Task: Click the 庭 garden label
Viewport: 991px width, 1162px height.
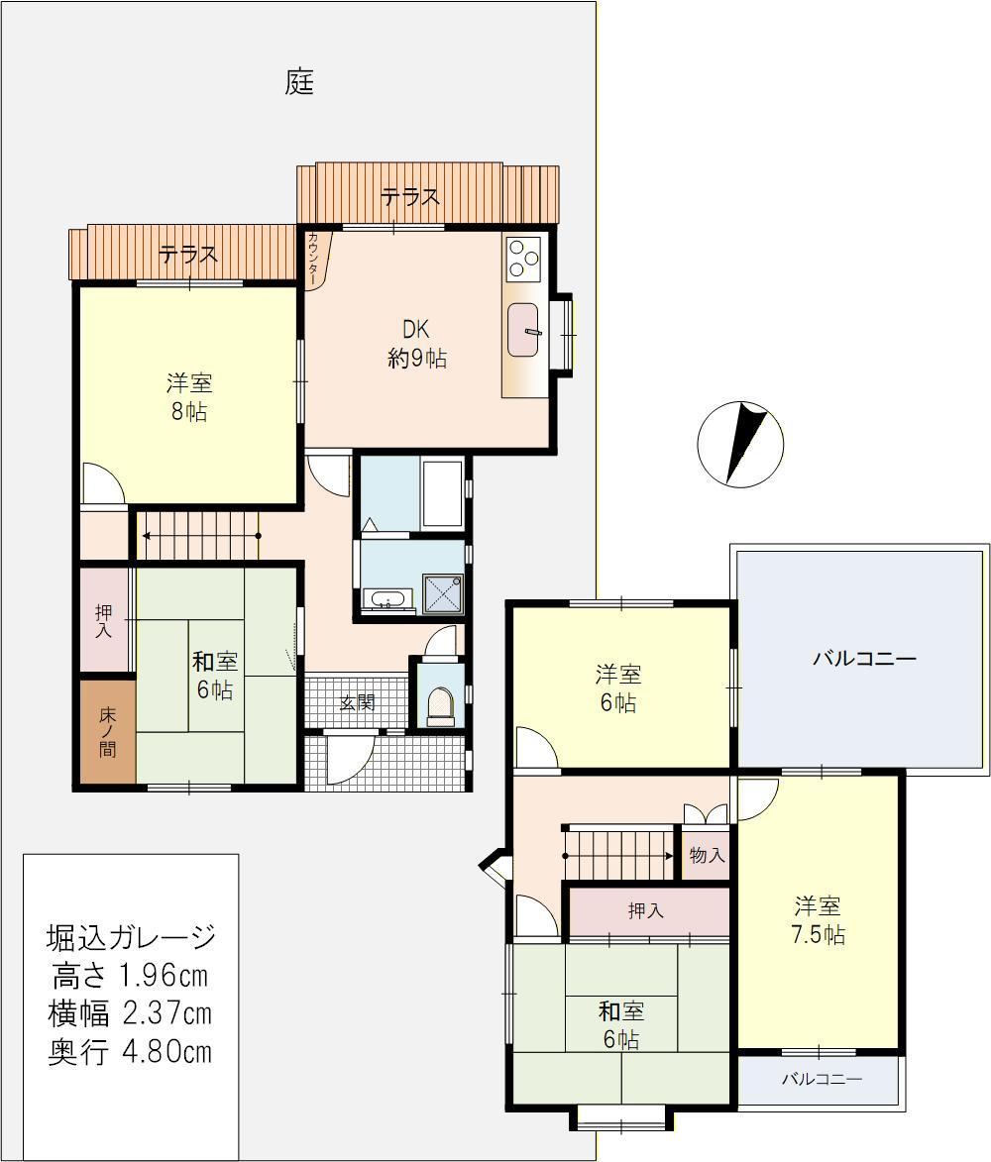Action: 299,81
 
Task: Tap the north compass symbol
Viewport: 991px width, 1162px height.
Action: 739,443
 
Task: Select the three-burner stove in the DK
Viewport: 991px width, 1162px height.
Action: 523,258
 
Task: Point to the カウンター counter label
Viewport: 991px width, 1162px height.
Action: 314,260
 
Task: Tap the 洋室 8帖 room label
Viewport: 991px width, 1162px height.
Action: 189,397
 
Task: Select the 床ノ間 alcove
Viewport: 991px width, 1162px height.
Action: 107,731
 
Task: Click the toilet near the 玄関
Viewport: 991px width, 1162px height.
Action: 440,707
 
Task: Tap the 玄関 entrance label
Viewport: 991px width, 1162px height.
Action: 358,701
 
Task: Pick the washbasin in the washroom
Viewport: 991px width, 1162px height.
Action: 385,598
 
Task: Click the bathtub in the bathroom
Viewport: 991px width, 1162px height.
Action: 442,492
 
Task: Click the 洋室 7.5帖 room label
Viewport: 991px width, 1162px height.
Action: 818,919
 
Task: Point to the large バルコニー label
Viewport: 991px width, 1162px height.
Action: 864,658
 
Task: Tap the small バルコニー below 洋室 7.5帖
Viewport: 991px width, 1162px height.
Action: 822,1079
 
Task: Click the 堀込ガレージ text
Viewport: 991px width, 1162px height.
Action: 131,937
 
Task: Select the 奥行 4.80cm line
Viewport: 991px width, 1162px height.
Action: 131,1052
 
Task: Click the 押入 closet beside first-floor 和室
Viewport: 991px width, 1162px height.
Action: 105,620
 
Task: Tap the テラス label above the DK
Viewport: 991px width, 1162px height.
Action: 410,196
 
